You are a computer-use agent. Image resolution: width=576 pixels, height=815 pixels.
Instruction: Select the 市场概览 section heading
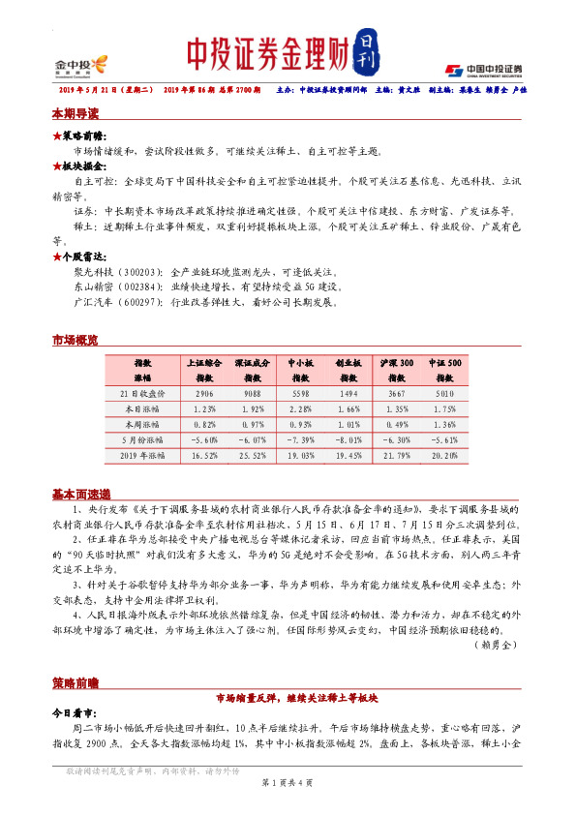pos(75,340)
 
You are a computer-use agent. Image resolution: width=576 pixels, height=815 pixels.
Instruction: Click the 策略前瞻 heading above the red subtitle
pos(75,682)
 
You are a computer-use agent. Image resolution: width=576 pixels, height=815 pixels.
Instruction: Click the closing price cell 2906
pos(204,394)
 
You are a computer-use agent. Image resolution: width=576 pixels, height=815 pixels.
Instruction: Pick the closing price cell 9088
pos(252,394)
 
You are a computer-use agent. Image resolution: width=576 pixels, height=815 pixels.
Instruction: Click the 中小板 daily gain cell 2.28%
pos(299,409)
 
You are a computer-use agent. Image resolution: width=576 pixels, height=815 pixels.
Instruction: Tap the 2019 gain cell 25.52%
pos(252,455)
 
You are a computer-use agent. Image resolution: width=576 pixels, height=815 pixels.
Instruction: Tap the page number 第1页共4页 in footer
pos(288,781)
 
